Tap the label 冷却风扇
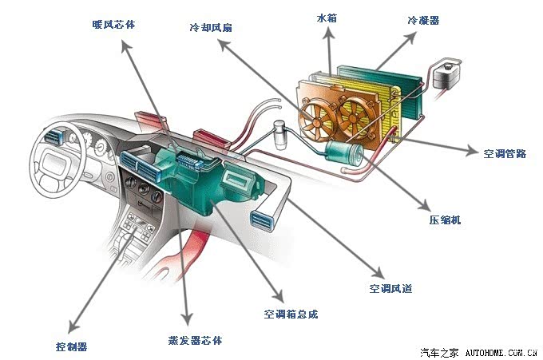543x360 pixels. (211, 27)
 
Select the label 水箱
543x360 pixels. (327, 17)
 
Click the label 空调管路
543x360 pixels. (505, 152)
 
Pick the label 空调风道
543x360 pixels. (390, 287)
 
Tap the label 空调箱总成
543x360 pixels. (291, 314)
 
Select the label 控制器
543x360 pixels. (71, 346)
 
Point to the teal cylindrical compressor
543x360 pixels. (345, 153)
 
